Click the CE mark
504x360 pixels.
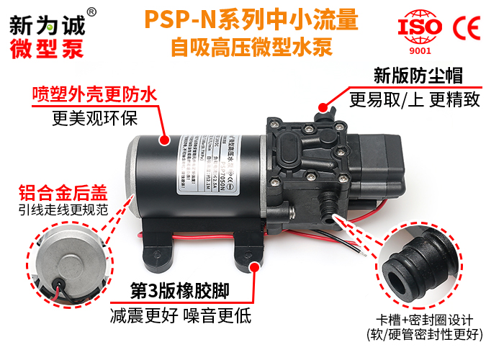click(467, 28)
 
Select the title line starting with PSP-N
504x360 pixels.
click(251, 19)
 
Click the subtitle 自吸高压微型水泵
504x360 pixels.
click(251, 48)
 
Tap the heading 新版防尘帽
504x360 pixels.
click(418, 76)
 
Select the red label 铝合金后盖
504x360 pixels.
click(61, 193)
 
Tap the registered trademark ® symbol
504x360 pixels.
click(91, 12)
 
